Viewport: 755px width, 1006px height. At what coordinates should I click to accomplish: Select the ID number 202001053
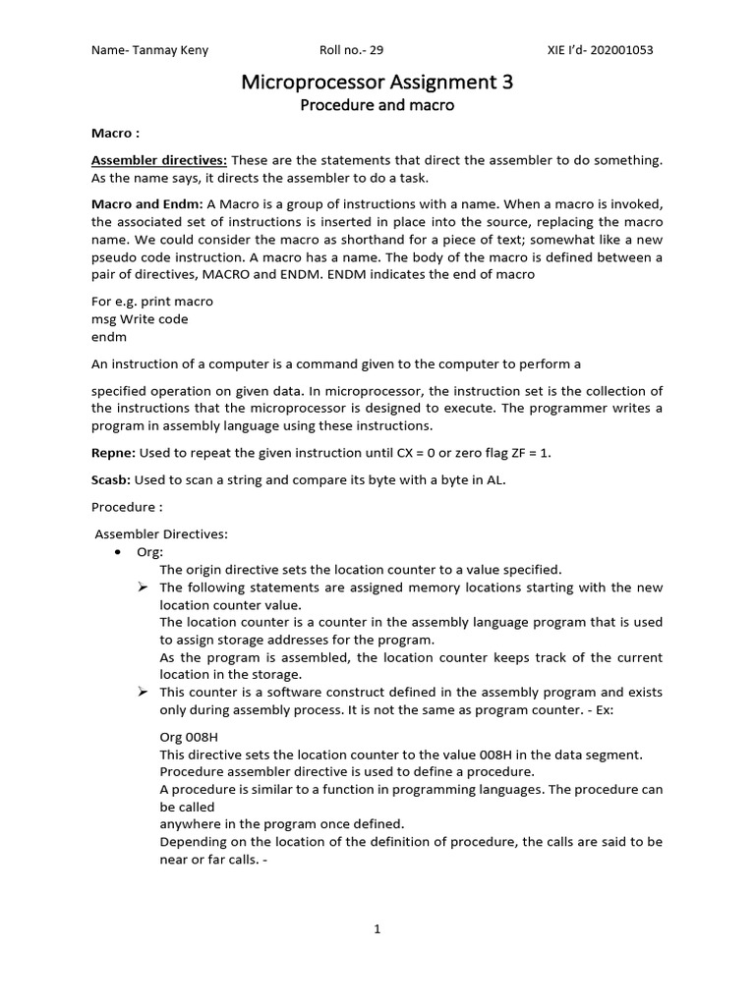[x=621, y=50]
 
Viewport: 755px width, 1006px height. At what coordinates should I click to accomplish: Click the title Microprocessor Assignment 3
[x=377, y=84]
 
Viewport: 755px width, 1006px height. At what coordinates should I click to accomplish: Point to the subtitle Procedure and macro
[x=377, y=105]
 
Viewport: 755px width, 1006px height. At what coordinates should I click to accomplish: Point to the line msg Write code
[x=140, y=319]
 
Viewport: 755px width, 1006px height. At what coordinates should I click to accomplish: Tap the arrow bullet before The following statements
[x=142, y=587]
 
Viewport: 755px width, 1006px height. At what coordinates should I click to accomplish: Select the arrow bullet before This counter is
[x=142, y=693]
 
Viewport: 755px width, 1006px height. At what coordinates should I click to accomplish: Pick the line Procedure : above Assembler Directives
[x=127, y=507]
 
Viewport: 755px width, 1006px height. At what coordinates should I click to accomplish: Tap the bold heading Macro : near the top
[x=114, y=132]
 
